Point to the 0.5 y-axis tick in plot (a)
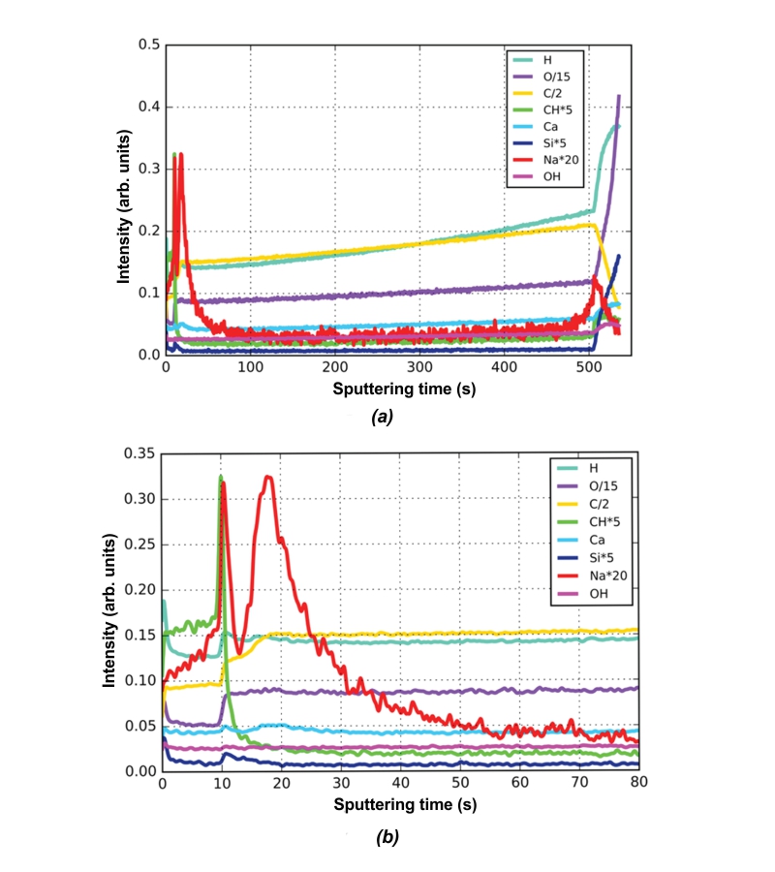point(146,45)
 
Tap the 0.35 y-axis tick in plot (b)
point(140,453)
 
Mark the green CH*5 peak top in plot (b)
point(221,477)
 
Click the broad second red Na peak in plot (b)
point(268,477)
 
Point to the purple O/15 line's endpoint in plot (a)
point(619,96)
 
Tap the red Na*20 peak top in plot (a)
point(180,154)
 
